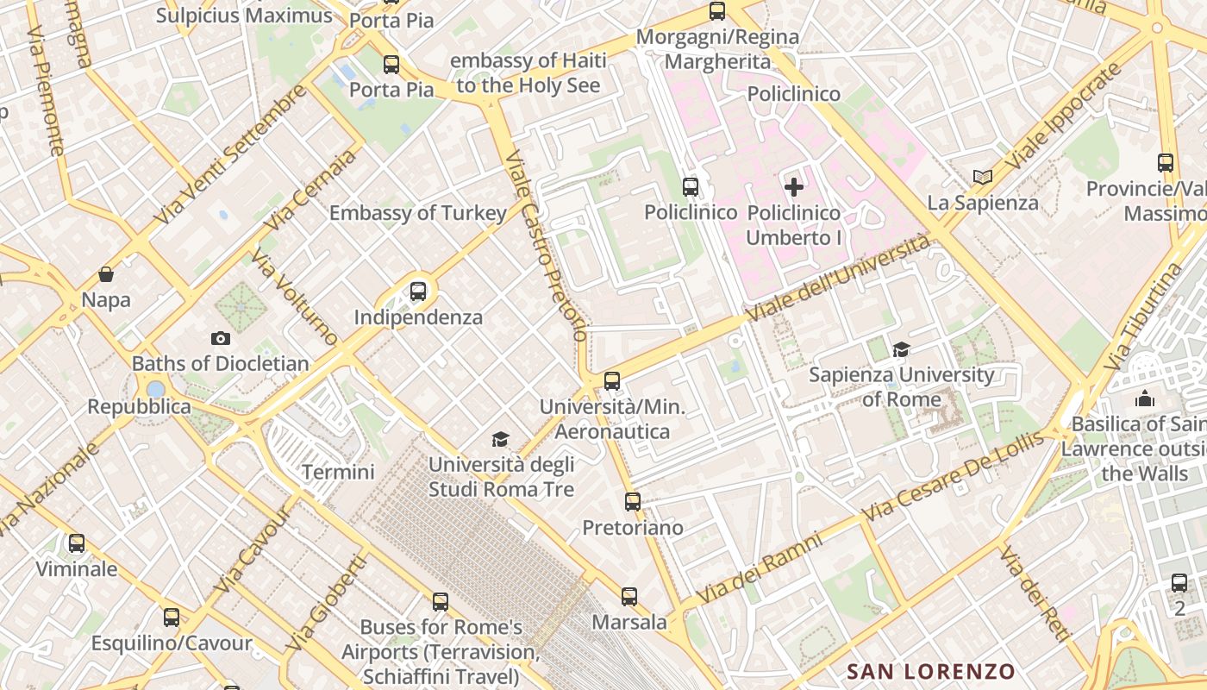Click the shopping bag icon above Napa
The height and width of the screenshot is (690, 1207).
coord(106,274)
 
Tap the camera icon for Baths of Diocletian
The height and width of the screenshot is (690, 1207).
coord(221,338)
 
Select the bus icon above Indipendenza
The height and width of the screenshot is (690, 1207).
coord(418,292)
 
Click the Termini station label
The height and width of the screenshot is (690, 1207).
coord(338,472)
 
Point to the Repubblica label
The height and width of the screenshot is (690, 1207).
coord(139,406)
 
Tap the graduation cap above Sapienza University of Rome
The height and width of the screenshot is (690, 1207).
coord(901,349)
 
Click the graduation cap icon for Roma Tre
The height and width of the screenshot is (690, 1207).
coord(501,440)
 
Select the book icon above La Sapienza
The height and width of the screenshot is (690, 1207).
coord(982,177)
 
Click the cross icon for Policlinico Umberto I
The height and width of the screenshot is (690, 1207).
coord(793,186)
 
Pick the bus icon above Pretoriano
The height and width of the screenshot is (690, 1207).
coord(633,501)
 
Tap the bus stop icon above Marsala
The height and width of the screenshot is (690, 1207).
coord(629,596)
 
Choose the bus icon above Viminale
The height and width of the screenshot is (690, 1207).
coord(77,543)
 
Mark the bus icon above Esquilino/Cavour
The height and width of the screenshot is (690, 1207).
coord(172,618)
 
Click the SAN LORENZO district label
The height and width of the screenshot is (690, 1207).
coord(930,671)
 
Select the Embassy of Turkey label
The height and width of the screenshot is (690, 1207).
coord(418,213)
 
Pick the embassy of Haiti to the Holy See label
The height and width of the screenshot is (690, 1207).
coord(528,72)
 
